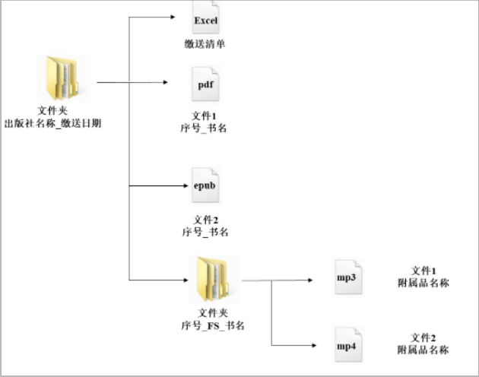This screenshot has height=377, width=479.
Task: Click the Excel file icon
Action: click(x=206, y=20)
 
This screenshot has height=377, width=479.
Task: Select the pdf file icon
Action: click(x=205, y=85)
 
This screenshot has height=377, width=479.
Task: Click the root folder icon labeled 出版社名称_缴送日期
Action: click(x=65, y=78)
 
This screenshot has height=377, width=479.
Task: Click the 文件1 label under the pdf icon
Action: click(x=205, y=116)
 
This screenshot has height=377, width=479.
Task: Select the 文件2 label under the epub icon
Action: click(x=205, y=220)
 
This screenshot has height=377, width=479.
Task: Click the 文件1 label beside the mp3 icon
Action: click(x=423, y=271)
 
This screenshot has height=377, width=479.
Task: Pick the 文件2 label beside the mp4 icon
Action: click(x=423, y=337)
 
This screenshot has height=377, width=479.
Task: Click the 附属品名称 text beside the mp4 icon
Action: click(x=423, y=350)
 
